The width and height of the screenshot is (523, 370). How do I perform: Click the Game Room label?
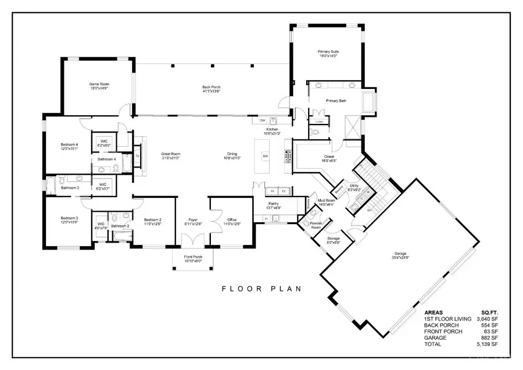(x=99, y=84)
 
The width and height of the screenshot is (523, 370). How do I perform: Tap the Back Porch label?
(x=211, y=87)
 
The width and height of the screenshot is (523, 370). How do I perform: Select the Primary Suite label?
(x=328, y=52)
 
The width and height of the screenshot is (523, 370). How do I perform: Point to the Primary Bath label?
(x=335, y=100)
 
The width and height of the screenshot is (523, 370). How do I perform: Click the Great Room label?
(x=170, y=154)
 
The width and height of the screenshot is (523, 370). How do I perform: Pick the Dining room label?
(x=232, y=154)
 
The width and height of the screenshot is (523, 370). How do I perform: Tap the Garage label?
(x=400, y=254)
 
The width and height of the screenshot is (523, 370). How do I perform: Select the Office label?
(x=232, y=220)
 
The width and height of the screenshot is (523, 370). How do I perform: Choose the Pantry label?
(x=273, y=205)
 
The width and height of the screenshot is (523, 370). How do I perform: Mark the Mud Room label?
(x=325, y=201)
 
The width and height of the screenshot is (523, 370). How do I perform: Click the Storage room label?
(x=333, y=239)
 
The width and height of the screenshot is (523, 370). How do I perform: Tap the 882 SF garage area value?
(x=490, y=338)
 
